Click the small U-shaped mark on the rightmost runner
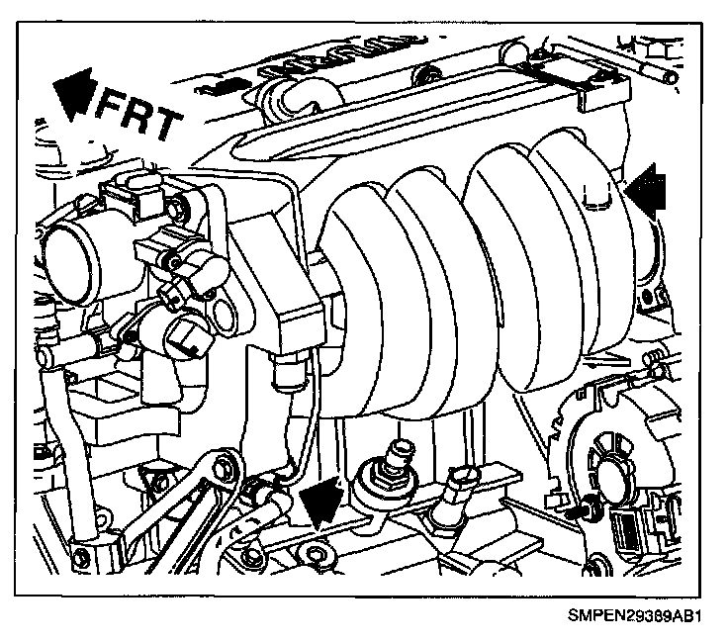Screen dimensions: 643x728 tap(593, 200)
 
